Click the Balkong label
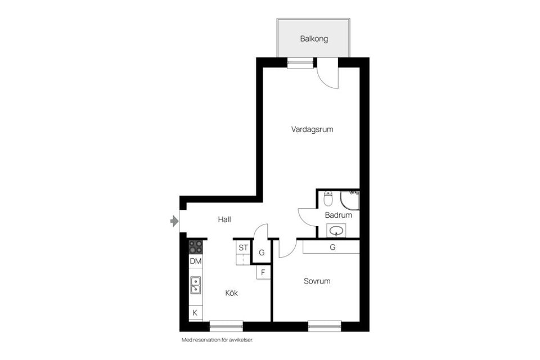(x=313, y=39)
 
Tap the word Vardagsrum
(x=312, y=129)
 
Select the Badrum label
(x=339, y=215)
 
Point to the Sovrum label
(x=317, y=281)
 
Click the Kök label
(x=232, y=293)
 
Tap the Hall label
(x=224, y=220)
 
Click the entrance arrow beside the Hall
(x=174, y=222)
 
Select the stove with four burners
(x=196, y=246)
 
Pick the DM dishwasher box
(x=196, y=262)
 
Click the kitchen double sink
(x=196, y=285)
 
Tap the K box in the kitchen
(x=196, y=313)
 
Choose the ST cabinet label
(x=243, y=247)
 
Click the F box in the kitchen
(x=263, y=273)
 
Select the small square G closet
(x=262, y=253)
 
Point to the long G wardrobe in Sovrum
(x=332, y=246)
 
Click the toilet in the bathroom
(x=328, y=199)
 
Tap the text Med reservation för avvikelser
(x=221, y=340)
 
